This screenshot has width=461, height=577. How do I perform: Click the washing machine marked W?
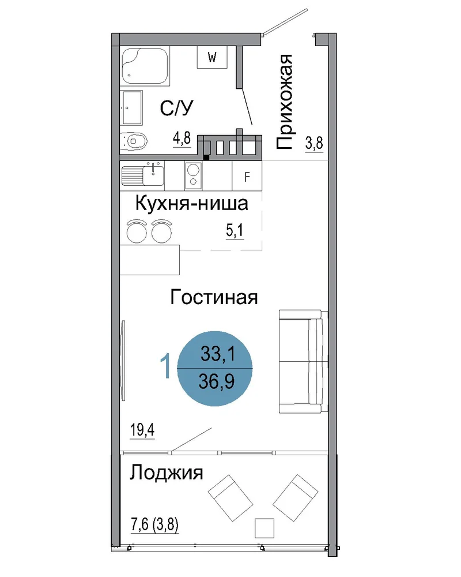tap(212, 57)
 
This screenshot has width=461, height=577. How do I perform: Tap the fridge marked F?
tap(247, 176)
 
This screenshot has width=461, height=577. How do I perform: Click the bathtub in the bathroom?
tap(145, 66)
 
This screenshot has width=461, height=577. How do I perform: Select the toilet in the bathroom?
tap(134, 141)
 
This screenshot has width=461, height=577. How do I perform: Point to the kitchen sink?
tap(143, 175)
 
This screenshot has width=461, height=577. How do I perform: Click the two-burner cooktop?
tap(194, 175)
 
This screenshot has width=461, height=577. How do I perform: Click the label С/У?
tap(176, 108)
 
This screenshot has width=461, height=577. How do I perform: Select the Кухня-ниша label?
tap(192, 203)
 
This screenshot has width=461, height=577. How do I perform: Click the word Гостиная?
tap(214, 297)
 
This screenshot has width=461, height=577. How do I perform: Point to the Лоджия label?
tap(166, 472)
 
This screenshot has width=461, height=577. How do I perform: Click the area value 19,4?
tap(142, 429)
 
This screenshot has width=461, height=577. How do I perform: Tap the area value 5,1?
tap(235, 230)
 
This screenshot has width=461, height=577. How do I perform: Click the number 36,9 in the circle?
tap(217, 381)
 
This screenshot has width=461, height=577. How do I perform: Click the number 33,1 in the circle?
tap(218, 354)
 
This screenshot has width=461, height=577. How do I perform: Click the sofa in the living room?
tap(303, 361)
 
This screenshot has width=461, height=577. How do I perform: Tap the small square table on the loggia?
tap(264, 528)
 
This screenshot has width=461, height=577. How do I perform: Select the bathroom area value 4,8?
tap(182, 138)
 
